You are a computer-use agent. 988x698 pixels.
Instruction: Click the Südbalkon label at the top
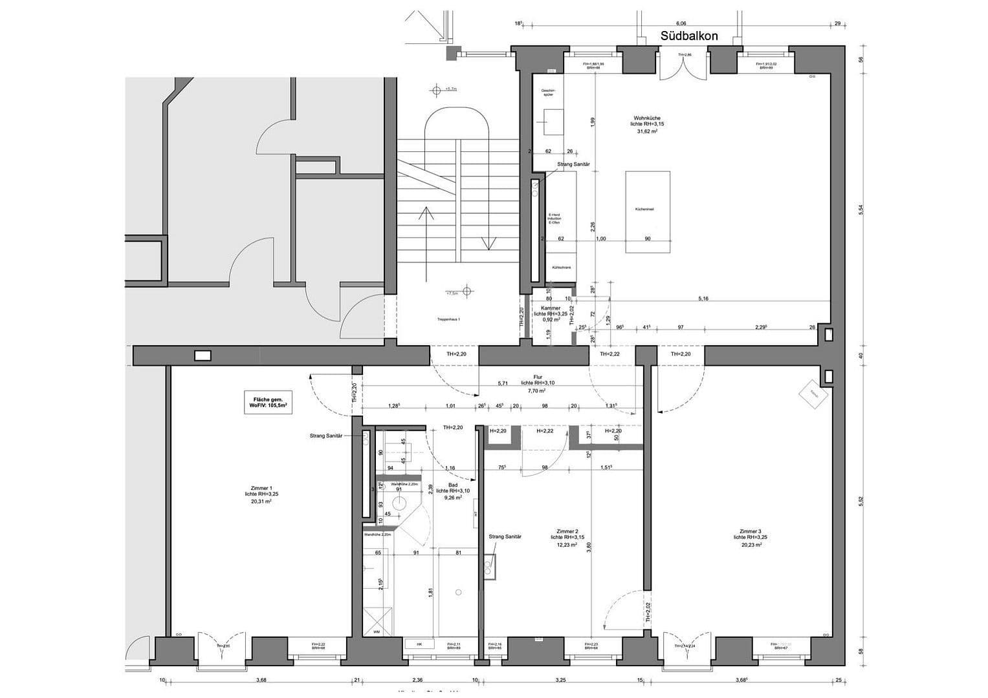[689, 36]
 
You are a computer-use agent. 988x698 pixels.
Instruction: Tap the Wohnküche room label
[647, 118]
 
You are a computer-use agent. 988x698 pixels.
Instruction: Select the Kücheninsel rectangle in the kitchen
[647, 212]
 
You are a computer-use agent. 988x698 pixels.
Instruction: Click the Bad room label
[453, 485]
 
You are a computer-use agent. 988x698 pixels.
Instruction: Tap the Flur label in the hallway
[538, 377]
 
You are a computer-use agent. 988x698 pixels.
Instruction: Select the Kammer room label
[551, 308]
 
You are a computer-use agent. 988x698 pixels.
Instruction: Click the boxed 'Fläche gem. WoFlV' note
[267, 401]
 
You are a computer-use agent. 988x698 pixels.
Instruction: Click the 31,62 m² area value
[647, 131]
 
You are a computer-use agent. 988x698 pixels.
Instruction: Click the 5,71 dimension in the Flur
[503, 383]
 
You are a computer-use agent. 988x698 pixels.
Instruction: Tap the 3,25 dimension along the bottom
[560, 679]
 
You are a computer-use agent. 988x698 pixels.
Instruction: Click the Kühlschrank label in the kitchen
[560, 267]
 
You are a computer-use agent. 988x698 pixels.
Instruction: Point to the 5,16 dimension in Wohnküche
[703, 299]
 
